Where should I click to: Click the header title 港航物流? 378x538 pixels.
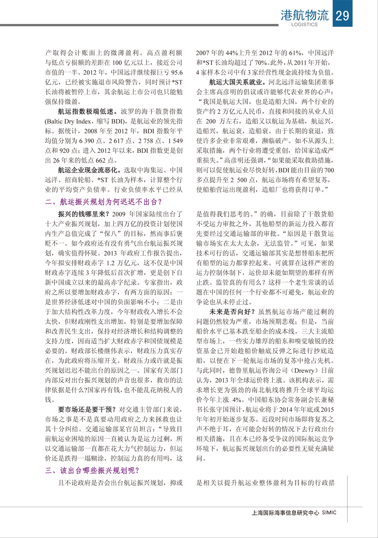click(304, 15)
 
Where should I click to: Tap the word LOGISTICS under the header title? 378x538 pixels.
click(304, 25)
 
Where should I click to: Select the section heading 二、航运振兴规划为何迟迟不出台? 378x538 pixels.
click(103, 202)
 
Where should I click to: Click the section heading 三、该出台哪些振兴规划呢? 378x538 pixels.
click(92, 471)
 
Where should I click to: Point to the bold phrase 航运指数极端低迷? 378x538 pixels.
click(88, 112)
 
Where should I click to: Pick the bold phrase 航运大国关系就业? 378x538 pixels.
click(238, 82)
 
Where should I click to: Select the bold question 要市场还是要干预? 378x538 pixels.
click(87, 409)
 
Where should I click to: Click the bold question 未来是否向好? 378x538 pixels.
click(232, 312)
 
